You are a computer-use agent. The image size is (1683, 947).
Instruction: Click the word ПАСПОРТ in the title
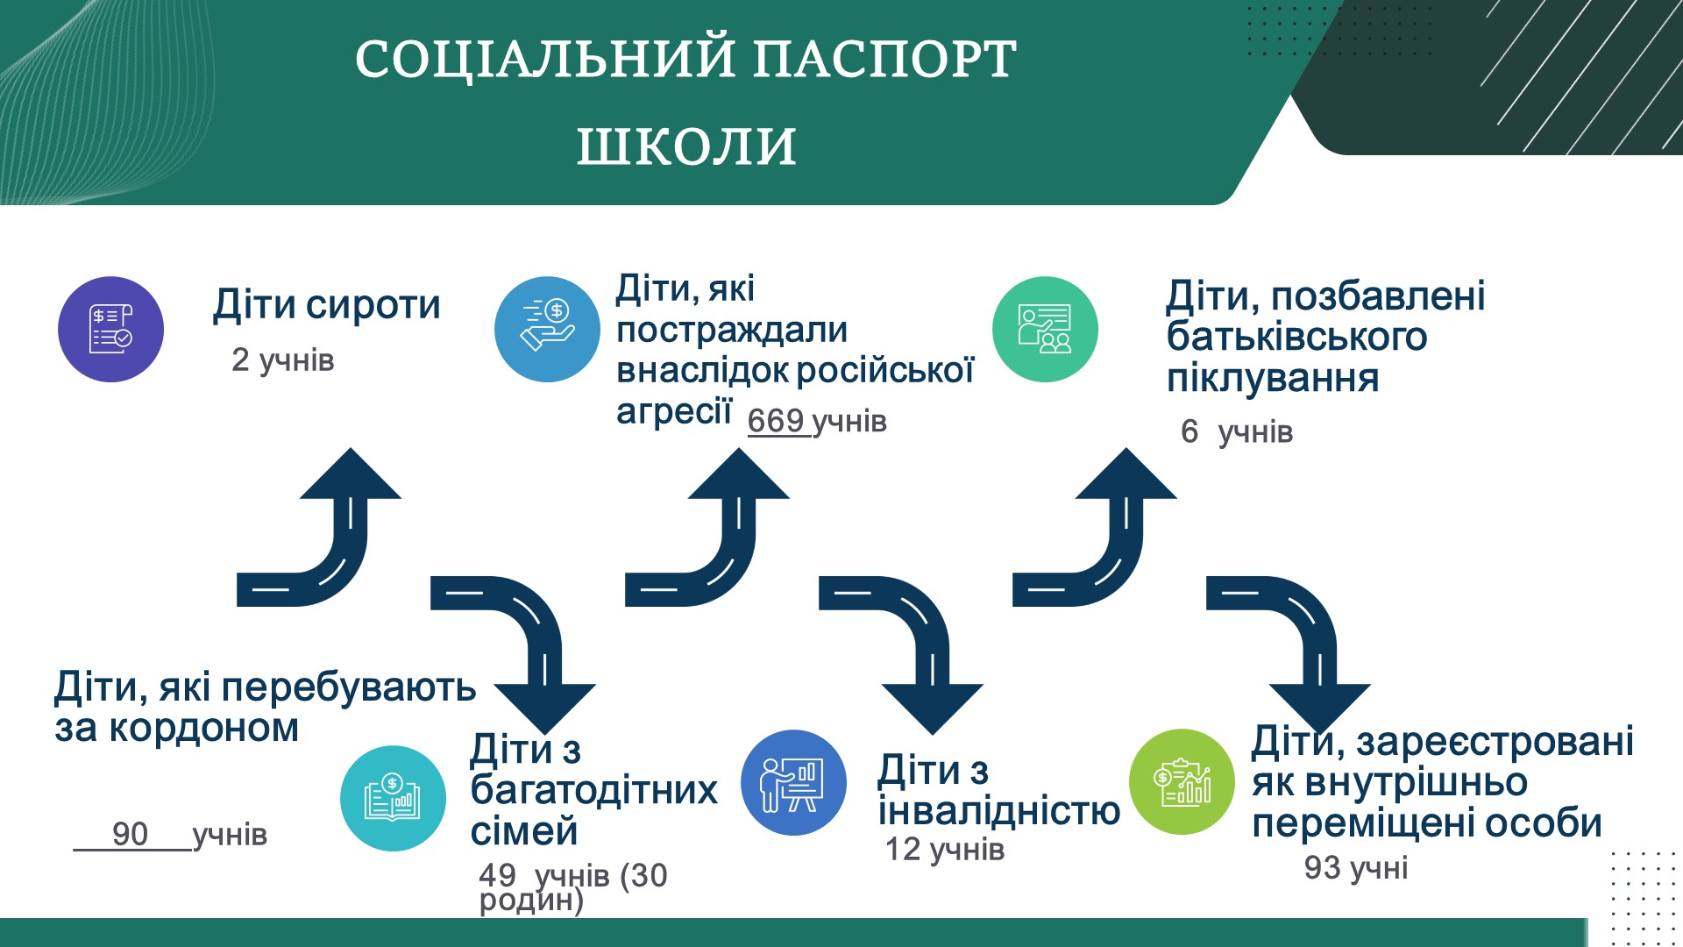click(x=884, y=60)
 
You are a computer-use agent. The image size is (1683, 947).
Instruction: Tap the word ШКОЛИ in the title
click(x=686, y=146)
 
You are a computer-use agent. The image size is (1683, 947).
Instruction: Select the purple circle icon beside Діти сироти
click(x=110, y=329)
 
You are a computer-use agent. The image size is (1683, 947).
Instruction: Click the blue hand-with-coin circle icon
click(x=547, y=329)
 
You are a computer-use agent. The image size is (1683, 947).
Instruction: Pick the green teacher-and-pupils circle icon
click(x=1044, y=329)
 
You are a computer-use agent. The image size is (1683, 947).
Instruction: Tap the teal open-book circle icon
click(x=393, y=798)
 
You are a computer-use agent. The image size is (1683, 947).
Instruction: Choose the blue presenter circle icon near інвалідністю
click(x=793, y=782)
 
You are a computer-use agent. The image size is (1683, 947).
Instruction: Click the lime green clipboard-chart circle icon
click(x=1182, y=782)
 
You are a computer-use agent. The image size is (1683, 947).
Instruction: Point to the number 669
click(x=776, y=421)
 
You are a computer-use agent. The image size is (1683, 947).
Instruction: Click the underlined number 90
click(x=130, y=834)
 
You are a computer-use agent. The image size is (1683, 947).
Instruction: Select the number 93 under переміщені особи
click(x=1322, y=867)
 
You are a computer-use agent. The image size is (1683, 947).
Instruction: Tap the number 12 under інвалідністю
click(x=902, y=849)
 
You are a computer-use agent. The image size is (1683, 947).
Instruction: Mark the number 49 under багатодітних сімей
click(x=497, y=874)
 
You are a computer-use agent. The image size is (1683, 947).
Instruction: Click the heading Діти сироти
click(x=326, y=305)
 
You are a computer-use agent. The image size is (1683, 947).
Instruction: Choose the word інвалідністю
click(x=998, y=811)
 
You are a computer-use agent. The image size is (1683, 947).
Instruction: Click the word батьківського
click(x=1296, y=338)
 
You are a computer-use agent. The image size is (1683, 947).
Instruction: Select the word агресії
click(x=673, y=410)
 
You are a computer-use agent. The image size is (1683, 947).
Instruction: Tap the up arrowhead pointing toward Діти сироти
click(x=351, y=473)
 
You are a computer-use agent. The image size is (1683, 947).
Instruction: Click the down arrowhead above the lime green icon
click(x=1319, y=706)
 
